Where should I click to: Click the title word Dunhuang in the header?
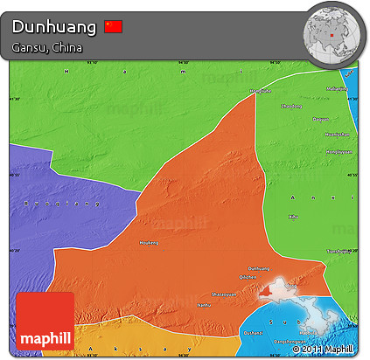(53, 27)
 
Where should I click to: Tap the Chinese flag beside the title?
(113, 27)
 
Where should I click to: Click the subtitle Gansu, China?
(48, 47)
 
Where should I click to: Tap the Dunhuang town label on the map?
(260, 268)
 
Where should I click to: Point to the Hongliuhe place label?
(260, 91)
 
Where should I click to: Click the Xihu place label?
(293, 216)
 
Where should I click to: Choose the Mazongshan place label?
(336, 88)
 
